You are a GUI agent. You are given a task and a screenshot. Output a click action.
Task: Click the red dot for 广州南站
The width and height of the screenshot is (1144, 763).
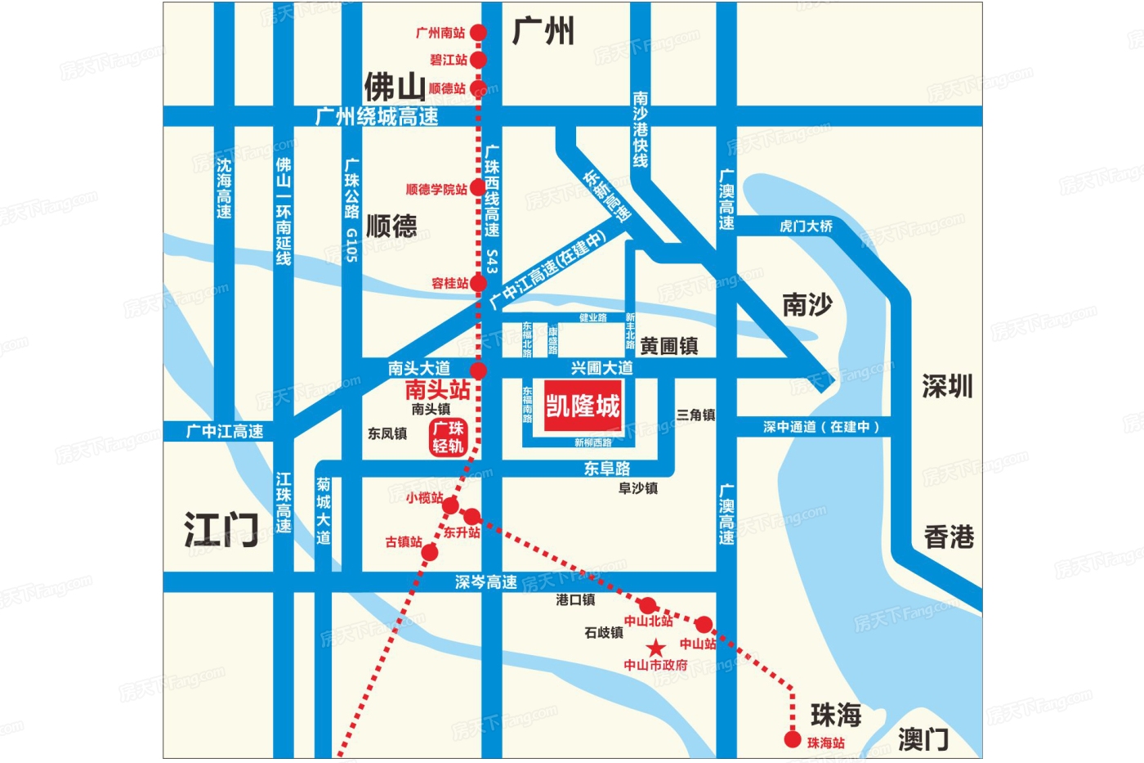pyautogui.click(x=478, y=33)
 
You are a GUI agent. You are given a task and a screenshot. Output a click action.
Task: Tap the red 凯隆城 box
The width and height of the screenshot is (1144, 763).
pyautogui.click(x=583, y=406)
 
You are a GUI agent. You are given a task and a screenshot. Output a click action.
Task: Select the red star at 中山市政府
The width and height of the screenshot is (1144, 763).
pyautogui.click(x=656, y=649)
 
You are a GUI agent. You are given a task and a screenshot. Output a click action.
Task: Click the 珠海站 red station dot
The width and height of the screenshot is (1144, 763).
pyautogui.click(x=792, y=740)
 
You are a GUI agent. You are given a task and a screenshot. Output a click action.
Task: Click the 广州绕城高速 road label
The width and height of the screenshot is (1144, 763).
pyautogui.click(x=377, y=117)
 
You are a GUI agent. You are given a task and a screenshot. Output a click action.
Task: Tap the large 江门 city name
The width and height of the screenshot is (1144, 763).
pyautogui.click(x=221, y=530)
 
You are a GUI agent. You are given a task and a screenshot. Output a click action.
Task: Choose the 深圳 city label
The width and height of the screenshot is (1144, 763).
pyautogui.click(x=947, y=386)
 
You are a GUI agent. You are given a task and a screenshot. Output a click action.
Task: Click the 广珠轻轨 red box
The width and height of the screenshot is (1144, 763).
pyautogui.click(x=448, y=437)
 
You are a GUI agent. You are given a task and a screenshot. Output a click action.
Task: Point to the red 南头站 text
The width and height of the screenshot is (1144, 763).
pyautogui.click(x=437, y=389)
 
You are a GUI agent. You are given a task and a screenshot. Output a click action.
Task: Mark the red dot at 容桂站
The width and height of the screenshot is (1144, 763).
pyautogui.click(x=478, y=283)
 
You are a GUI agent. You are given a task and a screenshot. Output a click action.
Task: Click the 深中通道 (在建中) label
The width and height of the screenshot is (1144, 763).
pyautogui.click(x=821, y=426)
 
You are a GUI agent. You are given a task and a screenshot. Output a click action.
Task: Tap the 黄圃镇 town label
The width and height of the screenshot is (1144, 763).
pyautogui.click(x=668, y=346)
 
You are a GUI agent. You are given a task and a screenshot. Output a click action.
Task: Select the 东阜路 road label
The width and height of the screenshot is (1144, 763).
pyautogui.click(x=606, y=468)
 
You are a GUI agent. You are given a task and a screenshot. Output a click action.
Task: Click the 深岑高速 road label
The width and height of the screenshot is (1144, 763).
pyautogui.click(x=485, y=582)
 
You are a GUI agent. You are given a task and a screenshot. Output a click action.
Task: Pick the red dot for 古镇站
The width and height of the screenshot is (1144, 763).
pyautogui.click(x=430, y=553)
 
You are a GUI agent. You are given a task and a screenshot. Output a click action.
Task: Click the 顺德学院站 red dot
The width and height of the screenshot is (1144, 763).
pyautogui.click(x=478, y=188)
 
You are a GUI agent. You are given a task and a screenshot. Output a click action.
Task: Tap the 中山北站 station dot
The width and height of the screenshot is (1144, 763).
pyautogui.click(x=647, y=605)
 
